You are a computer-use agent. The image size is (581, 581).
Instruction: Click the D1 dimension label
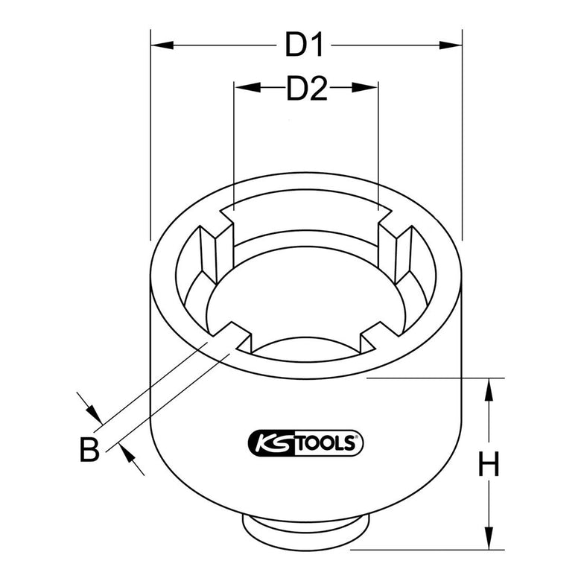305,45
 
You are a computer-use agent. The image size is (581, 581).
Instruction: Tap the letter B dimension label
89,449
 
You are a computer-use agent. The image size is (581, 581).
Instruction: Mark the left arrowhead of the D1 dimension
161,45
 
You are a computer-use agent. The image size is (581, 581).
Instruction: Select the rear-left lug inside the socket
212,246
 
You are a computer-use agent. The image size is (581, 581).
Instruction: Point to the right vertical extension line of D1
462,134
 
